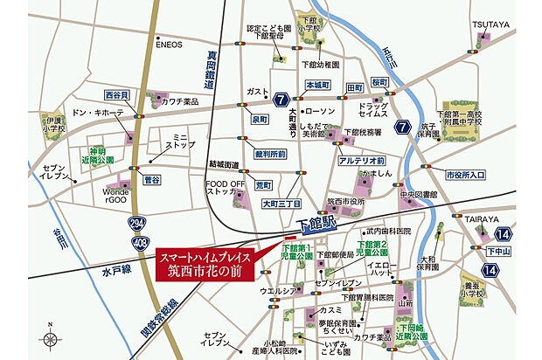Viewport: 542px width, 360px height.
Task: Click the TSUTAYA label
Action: coord(490,24)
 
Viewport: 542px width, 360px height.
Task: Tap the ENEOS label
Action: coord(170,45)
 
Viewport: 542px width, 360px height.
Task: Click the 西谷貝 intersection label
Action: coord(117,94)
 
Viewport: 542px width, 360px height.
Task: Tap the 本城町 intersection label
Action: coord(316,87)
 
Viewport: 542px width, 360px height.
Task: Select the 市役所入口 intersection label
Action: coord(465,175)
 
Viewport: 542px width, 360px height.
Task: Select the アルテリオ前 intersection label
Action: coord(362,160)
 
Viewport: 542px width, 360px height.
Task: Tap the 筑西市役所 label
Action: coord(344,201)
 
